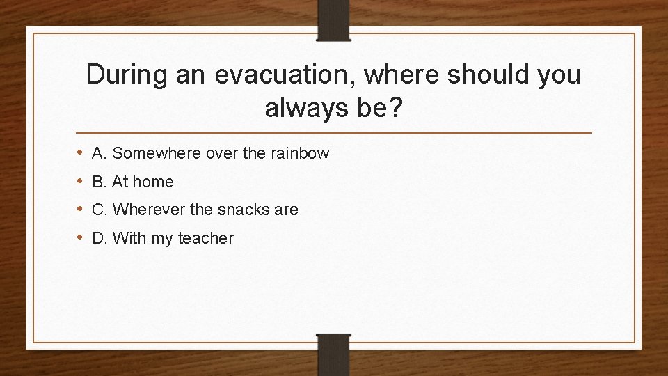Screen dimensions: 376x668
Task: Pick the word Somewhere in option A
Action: pos(148,153)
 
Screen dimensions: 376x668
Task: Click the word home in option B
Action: pos(153,182)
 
